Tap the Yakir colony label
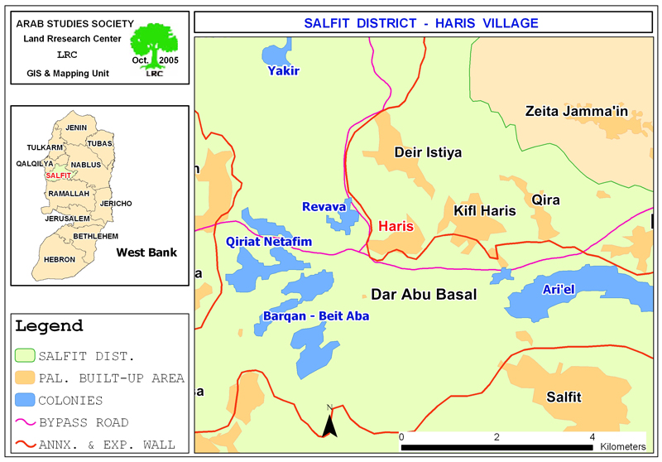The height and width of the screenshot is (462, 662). point(283,71)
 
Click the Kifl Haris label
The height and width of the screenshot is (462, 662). point(484,211)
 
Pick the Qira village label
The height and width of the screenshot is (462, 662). point(546,200)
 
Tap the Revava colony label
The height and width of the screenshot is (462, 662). point(324,206)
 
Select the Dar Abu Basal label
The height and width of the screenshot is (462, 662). point(424,295)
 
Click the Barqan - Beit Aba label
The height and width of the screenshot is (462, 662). point(315,316)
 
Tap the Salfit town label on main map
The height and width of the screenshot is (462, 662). point(564,397)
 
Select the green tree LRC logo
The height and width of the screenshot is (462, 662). point(154,46)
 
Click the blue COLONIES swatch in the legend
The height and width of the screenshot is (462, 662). point(26,401)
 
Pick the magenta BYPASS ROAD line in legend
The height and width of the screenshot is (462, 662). point(26,422)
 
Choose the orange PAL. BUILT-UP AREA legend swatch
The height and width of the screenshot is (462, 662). point(26,378)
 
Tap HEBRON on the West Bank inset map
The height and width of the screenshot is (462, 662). point(60,259)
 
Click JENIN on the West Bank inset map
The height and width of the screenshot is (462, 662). point(76,128)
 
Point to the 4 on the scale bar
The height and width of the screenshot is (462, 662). point(592,436)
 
